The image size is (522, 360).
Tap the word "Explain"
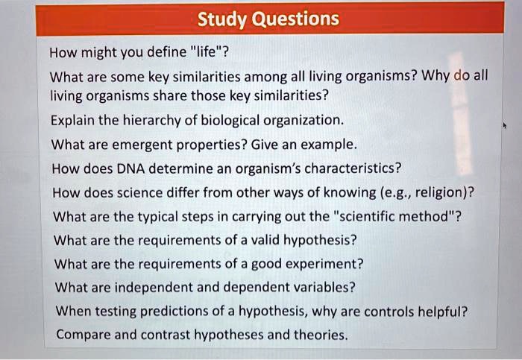[x=72, y=119]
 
